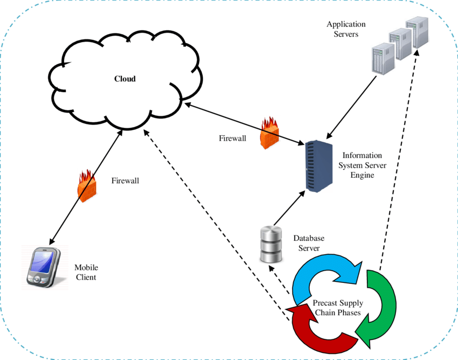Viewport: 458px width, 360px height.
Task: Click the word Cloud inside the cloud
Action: (125, 79)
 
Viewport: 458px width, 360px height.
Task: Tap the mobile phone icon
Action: (43, 267)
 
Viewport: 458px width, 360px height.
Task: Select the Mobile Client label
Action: (86, 272)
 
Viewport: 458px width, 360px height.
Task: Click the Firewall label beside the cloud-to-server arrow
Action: (232, 139)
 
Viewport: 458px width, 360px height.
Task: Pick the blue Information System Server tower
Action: (317, 166)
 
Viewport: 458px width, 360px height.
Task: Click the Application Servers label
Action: (346, 29)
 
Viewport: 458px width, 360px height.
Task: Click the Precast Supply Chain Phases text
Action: (338, 308)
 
